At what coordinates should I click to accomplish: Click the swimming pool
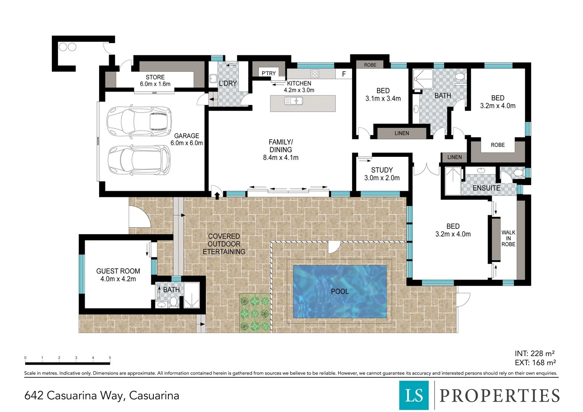pos(340,292)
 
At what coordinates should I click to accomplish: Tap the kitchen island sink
pos(293,101)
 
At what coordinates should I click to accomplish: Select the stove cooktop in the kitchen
pos(314,73)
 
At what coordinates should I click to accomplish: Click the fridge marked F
pos(344,74)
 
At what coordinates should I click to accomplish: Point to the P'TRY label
pos(268,73)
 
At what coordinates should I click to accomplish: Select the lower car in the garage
pos(139,160)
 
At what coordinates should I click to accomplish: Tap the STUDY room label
pos(382,170)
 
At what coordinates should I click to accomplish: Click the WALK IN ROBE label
pos(508,238)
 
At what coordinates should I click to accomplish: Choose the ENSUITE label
pos(486,188)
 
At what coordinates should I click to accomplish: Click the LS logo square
pos(414,395)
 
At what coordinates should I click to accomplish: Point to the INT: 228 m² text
pos(535,354)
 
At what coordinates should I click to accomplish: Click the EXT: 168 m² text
pos(535,363)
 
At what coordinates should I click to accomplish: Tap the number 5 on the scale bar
pos(110,358)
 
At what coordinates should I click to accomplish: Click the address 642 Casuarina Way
pos(101,396)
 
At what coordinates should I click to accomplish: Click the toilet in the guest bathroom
pos(173,303)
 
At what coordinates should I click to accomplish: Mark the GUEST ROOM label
pos(118,271)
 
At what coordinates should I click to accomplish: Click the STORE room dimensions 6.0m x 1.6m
pos(155,84)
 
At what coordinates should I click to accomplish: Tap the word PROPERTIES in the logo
pos(499,396)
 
